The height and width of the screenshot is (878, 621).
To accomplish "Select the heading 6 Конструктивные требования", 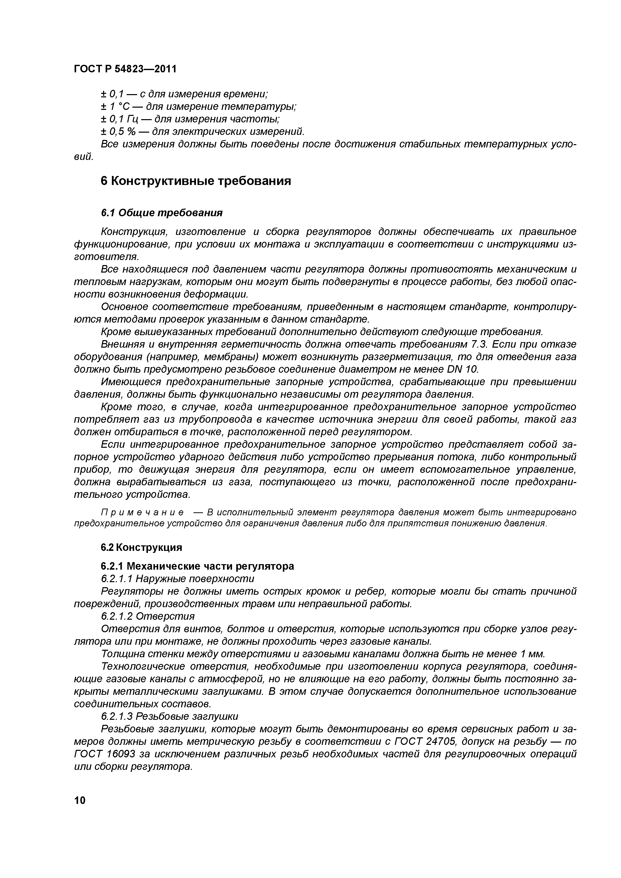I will click(195, 181).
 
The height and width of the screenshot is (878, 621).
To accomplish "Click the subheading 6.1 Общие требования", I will click(161, 212).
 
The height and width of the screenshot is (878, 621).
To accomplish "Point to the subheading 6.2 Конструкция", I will click(141, 547).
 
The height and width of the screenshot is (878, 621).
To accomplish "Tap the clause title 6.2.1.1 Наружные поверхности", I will click(177, 579).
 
